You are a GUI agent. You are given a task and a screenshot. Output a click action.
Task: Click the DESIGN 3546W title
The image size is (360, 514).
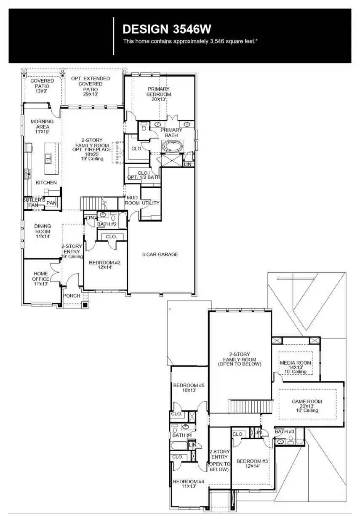click(167, 29)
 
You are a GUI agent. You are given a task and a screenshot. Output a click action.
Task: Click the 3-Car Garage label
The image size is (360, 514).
click(160, 254)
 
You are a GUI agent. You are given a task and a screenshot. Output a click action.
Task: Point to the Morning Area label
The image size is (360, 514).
click(42, 126)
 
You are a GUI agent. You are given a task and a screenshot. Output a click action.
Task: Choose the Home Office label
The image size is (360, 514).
click(40, 279)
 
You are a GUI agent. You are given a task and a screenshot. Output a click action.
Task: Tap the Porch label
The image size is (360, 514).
click(72, 296)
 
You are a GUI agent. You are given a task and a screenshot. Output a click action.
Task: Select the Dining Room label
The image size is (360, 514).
click(42, 232)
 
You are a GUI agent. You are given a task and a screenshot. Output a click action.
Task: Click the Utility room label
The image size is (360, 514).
click(150, 203)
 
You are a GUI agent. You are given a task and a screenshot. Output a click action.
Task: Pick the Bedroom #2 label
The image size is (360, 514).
click(105, 265)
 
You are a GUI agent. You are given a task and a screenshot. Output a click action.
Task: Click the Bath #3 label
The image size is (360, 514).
click(285, 431)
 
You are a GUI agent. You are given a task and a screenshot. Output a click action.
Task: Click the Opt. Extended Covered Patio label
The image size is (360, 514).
click(91, 84)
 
